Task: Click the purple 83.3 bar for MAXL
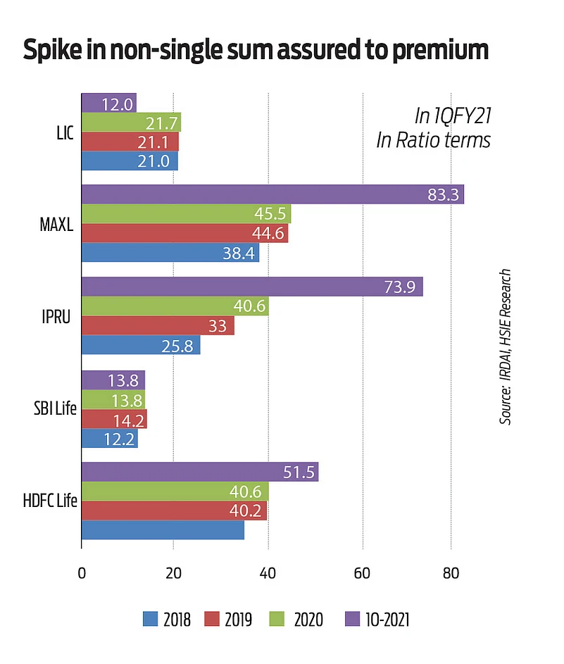pos(272,194)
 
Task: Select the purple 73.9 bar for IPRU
pos(252,287)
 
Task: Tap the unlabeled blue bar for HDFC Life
pos(163,530)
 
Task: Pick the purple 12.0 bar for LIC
pos(109,103)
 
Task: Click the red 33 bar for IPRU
pos(158,325)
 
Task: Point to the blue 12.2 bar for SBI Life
pos(110,439)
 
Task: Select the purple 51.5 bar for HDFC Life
pos(200,472)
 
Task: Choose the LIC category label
pos(65,132)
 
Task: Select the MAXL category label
pos(60,224)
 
